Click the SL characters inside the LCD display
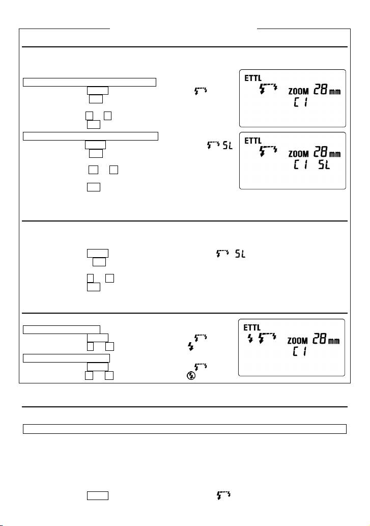pyautogui.click(x=324, y=165)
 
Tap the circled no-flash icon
pyautogui.click(x=191, y=376)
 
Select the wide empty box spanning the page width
pyautogui.click(x=184, y=429)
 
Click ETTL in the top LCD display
pyautogui.click(x=253, y=78)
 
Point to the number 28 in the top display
pyautogui.click(x=320, y=90)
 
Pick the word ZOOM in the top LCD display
pyautogui.click(x=299, y=91)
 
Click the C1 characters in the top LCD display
pyautogui.click(x=301, y=102)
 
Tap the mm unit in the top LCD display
pyautogui.click(x=334, y=91)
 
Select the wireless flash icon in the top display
pyautogui.click(x=268, y=89)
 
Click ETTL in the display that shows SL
pyautogui.click(x=253, y=141)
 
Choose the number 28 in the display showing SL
pyautogui.click(x=320, y=152)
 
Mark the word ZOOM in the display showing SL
pyautogui.click(x=299, y=154)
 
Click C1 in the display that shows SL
pyautogui.click(x=301, y=165)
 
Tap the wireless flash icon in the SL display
pyautogui.click(x=268, y=151)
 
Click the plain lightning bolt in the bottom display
pyautogui.click(x=250, y=339)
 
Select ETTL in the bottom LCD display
pyautogui.click(x=252, y=327)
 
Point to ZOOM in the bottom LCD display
pyautogui.click(x=298, y=341)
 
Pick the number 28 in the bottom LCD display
pyautogui.click(x=319, y=339)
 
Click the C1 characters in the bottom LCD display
pyautogui.click(x=300, y=351)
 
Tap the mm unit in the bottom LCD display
pyautogui.click(x=333, y=341)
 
